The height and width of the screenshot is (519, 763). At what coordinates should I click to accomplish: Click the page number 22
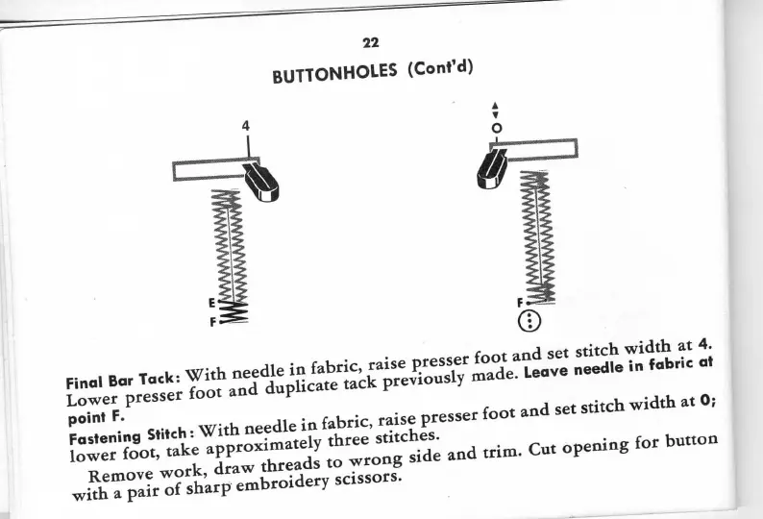tap(371, 42)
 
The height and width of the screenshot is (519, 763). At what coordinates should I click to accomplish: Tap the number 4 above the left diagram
tap(246, 126)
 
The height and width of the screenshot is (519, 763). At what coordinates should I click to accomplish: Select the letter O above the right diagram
tap(496, 126)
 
